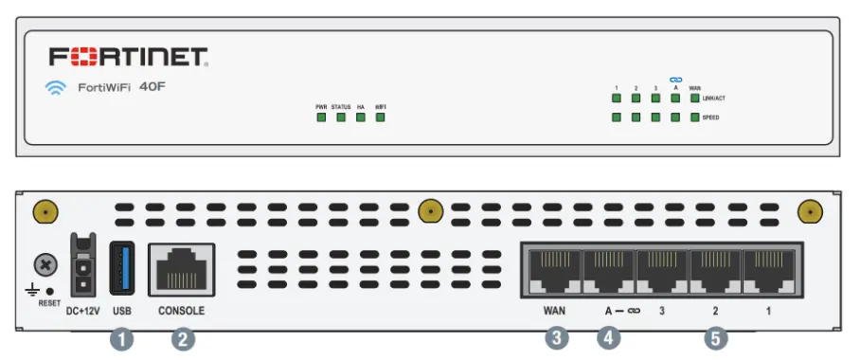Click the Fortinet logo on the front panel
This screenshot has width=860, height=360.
(129, 58)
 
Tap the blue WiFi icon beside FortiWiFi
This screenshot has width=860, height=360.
(56, 88)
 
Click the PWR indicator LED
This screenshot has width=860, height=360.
(321, 118)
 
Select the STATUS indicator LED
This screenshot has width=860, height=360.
(341, 118)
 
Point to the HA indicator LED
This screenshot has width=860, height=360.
(361, 118)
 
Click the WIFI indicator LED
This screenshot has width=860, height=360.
(381, 118)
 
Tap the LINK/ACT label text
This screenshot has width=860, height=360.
(715, 98)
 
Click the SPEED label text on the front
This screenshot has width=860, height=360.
(711, 117)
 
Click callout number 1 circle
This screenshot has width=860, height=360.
(121, 336)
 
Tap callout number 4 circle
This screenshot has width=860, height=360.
(608, 336)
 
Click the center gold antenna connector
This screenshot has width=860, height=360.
(431, 209)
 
